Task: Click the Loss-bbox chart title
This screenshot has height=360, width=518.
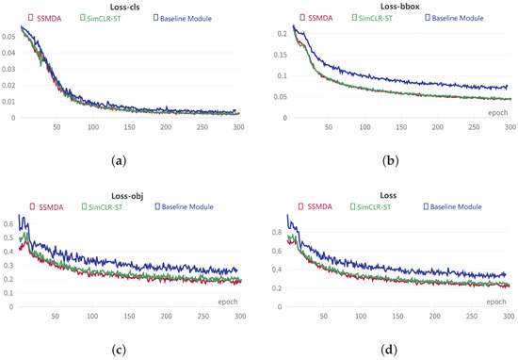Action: [x=388, y=6]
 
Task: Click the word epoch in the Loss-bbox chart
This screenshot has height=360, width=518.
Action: [x=498, y=111]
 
